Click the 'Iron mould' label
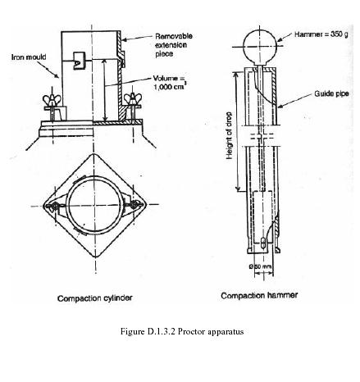click(x=29, y=57)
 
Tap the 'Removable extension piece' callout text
click(x=174, y=45)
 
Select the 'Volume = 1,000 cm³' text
click(x=170, y=83)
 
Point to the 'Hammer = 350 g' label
click(x=321, y=34)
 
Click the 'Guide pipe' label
click(x=331, y=93)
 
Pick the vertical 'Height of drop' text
click(x=229, y=136)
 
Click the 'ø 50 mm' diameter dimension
click(x=260, y=266)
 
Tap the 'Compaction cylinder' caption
click(x=95, y=298)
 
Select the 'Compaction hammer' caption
click(x=259, y=295)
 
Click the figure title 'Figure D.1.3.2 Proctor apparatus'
click(x=182, y=331)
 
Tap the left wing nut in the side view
click(x=52, y=101)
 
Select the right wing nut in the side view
click(x=133, y=99)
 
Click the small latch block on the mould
click(x=80, y=61)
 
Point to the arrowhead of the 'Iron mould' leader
click(x=57, y=76)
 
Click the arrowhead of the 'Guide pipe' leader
click(x=279, y=107)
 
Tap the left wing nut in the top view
click(x=53, y=207)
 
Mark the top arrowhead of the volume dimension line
click(x=104, y=61)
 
